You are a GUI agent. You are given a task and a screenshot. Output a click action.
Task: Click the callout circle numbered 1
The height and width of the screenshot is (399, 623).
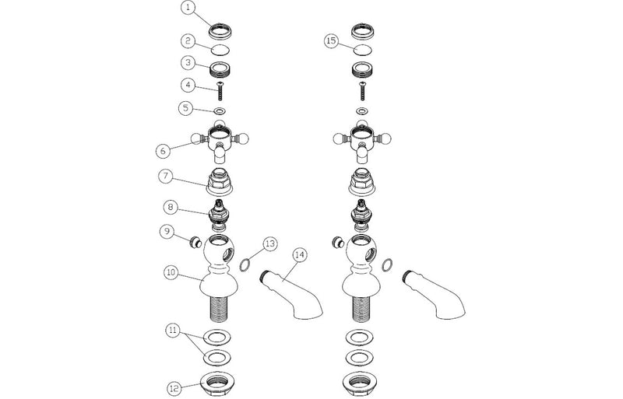click(188, 8)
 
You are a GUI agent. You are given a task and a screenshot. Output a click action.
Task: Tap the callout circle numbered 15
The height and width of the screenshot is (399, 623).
click(332, 40)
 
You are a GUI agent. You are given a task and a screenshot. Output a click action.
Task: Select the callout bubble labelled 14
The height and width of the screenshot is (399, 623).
click(300, 255)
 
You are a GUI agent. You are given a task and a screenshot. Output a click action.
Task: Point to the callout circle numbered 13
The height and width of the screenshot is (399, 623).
click(270, 243)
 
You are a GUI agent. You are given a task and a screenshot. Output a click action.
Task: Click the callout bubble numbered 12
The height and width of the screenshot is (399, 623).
click(174, 388)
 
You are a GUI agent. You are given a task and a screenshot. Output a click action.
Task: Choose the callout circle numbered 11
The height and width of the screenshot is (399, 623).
click(173, 331)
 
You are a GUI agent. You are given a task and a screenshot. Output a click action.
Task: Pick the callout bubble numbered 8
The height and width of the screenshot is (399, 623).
click(171, 207)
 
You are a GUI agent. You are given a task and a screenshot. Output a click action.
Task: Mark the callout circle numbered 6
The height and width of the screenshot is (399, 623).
click(163, 151)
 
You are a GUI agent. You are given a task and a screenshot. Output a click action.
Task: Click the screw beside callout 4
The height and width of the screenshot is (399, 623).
click(220, 91)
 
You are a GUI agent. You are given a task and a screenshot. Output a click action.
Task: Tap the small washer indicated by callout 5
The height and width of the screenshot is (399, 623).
click(220, 110)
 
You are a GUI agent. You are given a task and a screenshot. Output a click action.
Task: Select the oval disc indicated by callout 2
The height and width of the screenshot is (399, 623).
click(220, 51)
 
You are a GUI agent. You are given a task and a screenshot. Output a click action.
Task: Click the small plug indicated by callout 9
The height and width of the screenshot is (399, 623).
click(195, 242)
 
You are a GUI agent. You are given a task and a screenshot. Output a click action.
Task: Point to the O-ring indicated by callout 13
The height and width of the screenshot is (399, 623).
click(245, 264)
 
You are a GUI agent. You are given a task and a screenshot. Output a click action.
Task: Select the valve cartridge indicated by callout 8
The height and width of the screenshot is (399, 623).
click(219, 216)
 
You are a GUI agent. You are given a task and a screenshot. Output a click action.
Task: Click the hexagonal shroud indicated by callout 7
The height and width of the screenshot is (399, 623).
click(220, 182)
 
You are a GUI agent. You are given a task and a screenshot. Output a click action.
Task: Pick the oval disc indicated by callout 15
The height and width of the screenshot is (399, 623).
click(362, 50)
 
